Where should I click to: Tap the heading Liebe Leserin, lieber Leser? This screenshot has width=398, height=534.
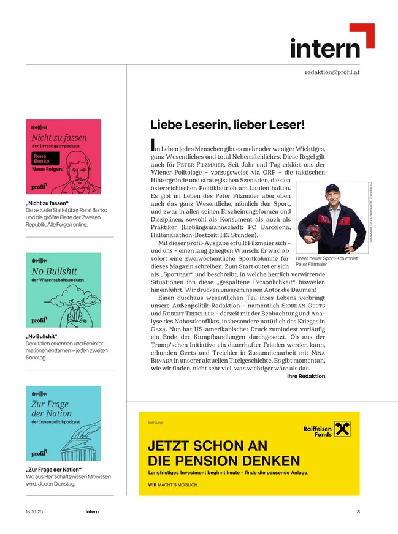(228, 124)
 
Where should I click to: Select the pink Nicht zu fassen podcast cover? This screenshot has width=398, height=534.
(63, 157)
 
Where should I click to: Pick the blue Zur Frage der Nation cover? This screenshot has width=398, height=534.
(63, 423)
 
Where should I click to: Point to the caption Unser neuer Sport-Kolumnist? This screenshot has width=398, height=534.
(329, 259)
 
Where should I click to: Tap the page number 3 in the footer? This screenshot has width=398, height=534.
(358, 511)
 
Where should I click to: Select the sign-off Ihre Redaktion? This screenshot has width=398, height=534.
(306, 376)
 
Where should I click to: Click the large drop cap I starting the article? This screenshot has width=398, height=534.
(153, 145)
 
